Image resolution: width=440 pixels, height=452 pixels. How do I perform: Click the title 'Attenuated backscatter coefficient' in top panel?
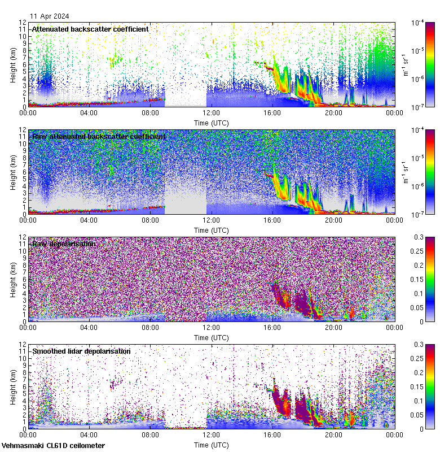pos(90,29)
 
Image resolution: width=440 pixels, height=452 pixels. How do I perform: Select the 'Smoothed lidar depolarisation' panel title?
pos(81,351)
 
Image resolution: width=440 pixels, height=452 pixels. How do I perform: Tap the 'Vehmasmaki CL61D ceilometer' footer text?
pos(53,446)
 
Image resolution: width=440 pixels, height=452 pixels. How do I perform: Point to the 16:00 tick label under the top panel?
pos(272,112)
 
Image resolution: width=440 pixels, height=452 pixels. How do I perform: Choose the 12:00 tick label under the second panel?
pos(212,220)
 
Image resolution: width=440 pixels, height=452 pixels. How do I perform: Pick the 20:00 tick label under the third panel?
pos(333,327)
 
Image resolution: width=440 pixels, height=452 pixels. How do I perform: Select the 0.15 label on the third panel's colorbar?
pos(419,279)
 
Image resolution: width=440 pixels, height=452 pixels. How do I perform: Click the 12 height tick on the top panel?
pos(23,23)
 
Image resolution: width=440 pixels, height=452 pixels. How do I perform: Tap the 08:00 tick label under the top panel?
pos(150,112)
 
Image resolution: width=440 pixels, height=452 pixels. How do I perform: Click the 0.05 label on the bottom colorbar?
pos(419,415)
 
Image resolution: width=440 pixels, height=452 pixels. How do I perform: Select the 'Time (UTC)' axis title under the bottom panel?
pos(212,445)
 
